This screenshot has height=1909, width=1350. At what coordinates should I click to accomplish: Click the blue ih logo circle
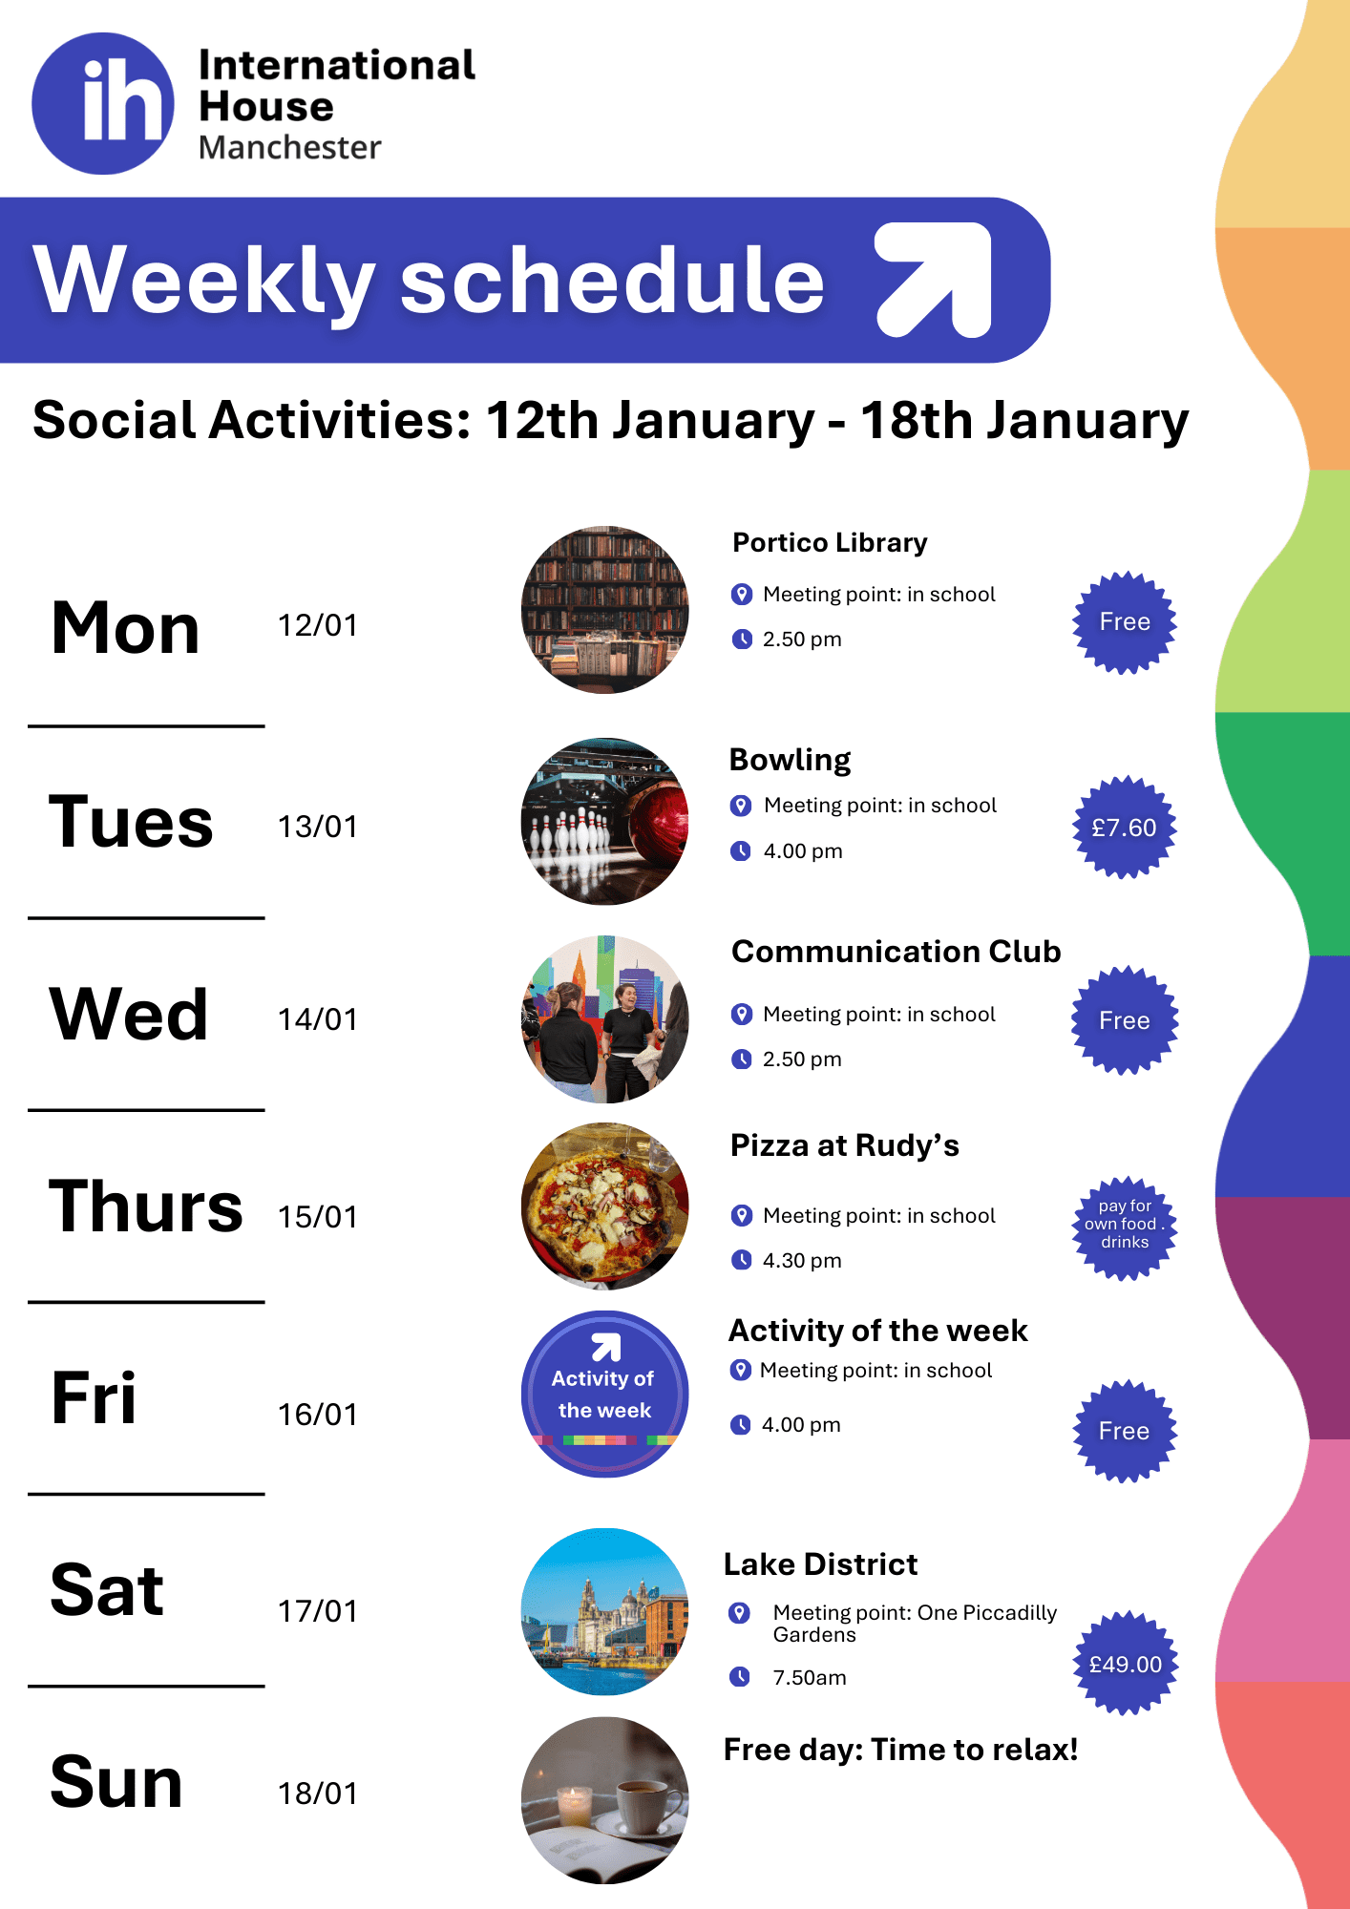(103, 103)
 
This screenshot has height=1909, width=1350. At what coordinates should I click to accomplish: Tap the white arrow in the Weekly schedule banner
(935, 280)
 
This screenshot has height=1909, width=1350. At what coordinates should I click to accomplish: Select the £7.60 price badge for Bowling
(1125, 828)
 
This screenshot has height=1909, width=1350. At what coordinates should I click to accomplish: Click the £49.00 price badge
(1126, 1664)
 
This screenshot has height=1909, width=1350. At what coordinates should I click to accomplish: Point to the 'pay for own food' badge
(1125, 1227)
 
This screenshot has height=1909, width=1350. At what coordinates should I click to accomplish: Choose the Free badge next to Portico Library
(1125, 622)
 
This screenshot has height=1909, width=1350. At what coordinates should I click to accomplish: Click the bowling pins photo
(605, 822)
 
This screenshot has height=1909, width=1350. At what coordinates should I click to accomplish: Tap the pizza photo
(605, 1206)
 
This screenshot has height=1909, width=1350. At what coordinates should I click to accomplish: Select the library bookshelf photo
(605, 610)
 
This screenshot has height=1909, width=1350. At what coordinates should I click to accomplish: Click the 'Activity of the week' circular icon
(605, 1395)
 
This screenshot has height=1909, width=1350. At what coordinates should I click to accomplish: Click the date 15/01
(318, 1217)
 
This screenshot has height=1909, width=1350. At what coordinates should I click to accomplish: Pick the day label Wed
(129, 1014)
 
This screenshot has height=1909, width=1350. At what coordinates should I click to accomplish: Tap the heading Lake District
(820, 1564)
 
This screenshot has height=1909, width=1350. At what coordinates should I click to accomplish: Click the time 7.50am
(810, 1678)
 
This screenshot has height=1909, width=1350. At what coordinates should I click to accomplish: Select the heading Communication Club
(896, 952)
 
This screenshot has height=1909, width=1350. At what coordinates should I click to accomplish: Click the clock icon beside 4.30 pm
(741, 1260)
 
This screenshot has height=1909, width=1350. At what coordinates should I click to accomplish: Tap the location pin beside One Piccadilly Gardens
(739, 1613)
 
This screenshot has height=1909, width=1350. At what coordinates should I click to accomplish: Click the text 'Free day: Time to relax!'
(901, 1750)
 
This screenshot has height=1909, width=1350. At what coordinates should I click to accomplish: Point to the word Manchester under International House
(290, 148)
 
